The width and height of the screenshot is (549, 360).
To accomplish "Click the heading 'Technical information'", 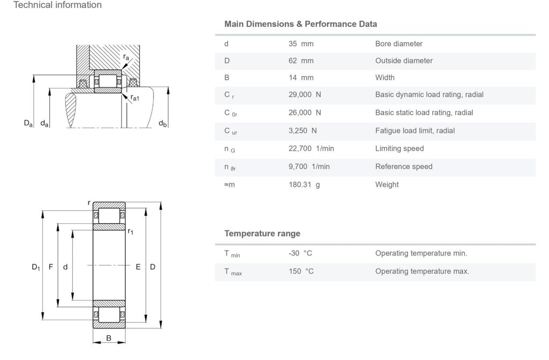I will tap(57, 5).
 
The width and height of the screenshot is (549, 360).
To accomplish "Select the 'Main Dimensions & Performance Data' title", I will tap(300, 24).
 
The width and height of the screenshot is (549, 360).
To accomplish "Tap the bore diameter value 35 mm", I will tap(301, 43).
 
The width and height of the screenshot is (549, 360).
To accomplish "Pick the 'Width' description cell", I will tap(385, 78).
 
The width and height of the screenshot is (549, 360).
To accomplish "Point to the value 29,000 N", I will tap(305, 94).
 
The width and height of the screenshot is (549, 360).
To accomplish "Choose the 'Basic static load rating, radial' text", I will tap(424, 113).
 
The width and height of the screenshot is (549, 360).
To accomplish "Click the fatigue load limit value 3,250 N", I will tap(302, 130).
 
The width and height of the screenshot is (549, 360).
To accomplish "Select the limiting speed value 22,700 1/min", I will tap(311, 148).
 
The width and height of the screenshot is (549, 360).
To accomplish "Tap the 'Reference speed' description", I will tap(404, 166).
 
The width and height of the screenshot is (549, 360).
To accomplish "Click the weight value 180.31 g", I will tap(305, 185).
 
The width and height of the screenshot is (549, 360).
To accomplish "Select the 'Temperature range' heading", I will tap(262, 233).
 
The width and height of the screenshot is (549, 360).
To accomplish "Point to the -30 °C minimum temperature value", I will tap(300, 253).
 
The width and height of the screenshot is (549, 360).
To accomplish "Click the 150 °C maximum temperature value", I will tap(301, 271).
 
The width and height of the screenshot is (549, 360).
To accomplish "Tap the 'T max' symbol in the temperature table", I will tap(233, 271).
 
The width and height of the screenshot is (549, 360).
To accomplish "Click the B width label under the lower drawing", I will tap(109, 338).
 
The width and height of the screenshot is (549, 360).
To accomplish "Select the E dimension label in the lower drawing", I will tap(138, 267).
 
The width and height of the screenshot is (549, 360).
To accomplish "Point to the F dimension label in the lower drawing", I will tap(51, 267).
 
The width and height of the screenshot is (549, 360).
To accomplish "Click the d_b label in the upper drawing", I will tap(162, 124).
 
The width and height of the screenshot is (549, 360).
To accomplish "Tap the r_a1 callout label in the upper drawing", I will tap(135, 98).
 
